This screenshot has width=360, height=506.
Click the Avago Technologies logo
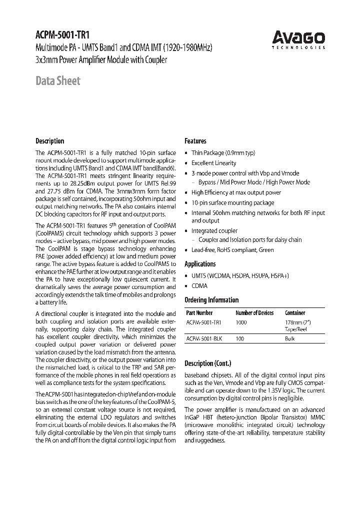click(298, 39)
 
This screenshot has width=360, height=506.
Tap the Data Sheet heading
click(57, 80)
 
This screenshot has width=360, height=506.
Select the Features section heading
click(195, 141)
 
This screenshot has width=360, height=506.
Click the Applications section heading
click(200, 264)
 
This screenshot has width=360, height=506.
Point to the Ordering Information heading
click(211, 300)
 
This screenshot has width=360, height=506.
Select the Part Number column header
click(199, 313)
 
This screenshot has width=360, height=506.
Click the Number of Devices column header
click(254, 313)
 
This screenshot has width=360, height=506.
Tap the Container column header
click(295, 313)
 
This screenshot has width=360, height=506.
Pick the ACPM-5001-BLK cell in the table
click(204, 338)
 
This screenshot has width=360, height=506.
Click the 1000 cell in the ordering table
click(240, 322)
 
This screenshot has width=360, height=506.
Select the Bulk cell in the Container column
click(290, 338)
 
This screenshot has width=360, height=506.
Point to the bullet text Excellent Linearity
click(213, 163)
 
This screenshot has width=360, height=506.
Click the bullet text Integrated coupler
click(214, 231)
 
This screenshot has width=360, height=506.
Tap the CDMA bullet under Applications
click(199, 286)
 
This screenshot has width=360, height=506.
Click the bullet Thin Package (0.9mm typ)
click(223, 153)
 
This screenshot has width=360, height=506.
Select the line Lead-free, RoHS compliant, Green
click(232, 250)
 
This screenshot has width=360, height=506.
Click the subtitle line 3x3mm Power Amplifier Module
click(101, 60)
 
